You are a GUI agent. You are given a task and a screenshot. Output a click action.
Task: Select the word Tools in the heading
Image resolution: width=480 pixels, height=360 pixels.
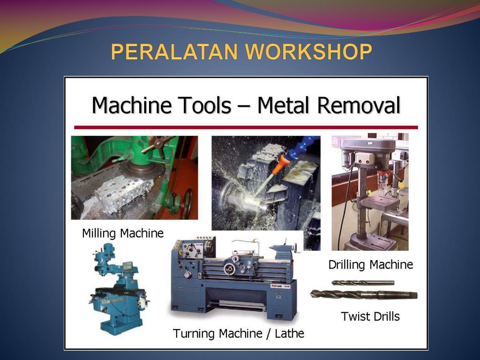pos(207,105)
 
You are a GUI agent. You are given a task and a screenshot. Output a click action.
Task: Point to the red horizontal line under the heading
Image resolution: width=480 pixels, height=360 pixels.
pos(246,127)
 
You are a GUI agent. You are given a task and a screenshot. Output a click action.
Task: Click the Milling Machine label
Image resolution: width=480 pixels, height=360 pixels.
pos(123,233)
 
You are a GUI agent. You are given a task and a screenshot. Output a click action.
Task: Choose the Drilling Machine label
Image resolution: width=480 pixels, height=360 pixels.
pos(370,265)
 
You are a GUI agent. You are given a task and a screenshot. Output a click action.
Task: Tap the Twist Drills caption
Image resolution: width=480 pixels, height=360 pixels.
pos(370,316)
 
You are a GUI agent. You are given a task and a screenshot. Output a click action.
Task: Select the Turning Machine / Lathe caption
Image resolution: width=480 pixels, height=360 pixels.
pos(239,334)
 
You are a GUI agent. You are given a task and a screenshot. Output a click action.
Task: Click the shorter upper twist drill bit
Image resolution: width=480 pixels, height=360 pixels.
pos(362,283)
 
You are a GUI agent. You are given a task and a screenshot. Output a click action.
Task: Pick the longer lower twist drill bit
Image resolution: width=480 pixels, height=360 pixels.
pos(364,295)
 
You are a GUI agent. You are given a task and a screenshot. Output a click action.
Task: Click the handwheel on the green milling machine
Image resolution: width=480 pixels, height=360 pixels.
pos(187,203)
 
